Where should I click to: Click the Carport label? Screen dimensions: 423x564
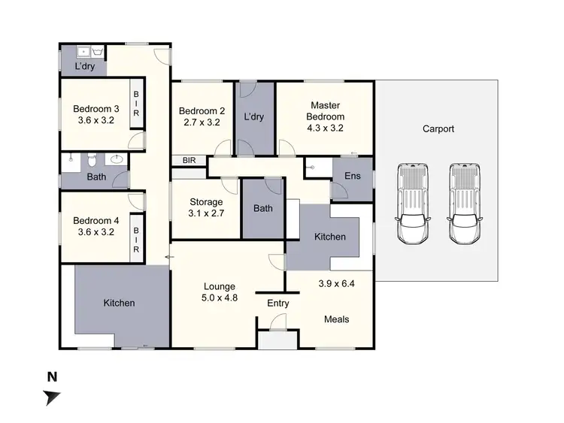coord(438,128)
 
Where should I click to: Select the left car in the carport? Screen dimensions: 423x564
coord(412,204)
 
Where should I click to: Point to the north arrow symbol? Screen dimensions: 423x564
coord(51,397)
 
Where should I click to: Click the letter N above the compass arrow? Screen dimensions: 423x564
coord(52,376)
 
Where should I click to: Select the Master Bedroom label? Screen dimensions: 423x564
coord(326,111)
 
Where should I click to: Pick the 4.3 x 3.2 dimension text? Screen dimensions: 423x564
coord(326,128)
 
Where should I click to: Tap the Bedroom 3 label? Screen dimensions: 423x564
coord(95,107)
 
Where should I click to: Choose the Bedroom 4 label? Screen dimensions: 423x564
coord(95,220)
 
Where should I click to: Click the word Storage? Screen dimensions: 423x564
coord(205,202)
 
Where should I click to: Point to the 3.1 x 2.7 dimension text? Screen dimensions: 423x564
coord(205,213)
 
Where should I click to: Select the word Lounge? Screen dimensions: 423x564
coord(220,286)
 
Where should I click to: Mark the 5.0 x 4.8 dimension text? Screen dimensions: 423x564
coord(220,298)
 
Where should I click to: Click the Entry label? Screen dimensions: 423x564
coord(279,303)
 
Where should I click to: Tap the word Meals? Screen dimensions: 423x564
coord(336,319)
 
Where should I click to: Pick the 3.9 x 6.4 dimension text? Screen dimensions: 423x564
coord(336,283)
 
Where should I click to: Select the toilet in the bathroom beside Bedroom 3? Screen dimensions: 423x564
coord(89,160)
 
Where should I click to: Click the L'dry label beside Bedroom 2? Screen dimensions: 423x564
coord(252,117)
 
